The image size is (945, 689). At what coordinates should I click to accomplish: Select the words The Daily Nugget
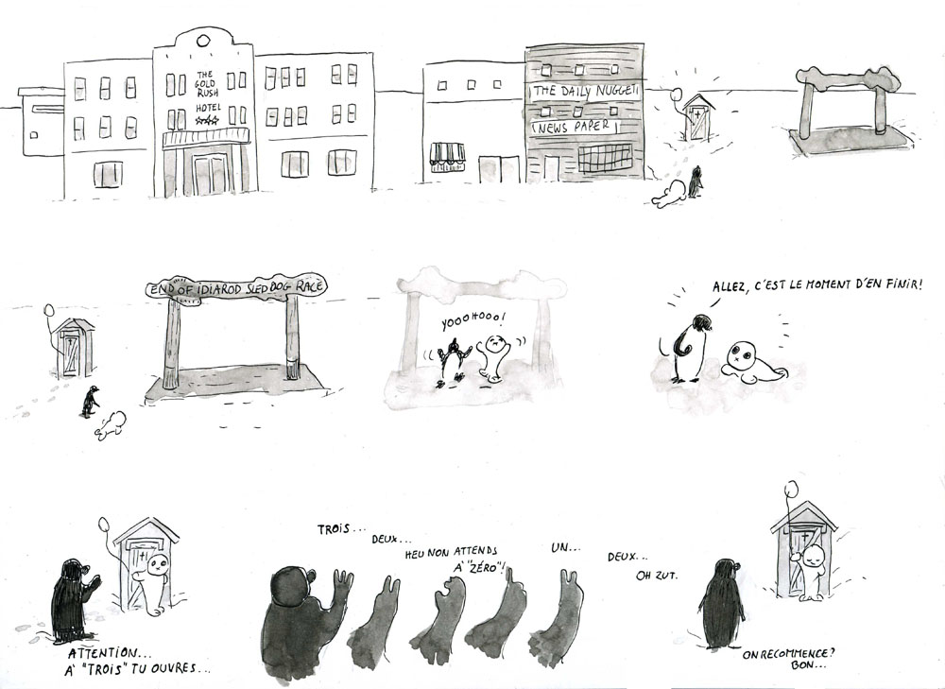click(586, 92)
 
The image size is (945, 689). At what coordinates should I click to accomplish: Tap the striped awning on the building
click(448, 153)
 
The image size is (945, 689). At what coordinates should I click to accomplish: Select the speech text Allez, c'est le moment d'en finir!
click(817, 285)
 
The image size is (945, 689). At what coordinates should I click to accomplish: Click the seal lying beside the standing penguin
click(748, 364)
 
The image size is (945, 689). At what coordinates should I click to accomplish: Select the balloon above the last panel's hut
click(791, 488)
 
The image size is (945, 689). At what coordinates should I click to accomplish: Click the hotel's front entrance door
click(207, 174)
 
